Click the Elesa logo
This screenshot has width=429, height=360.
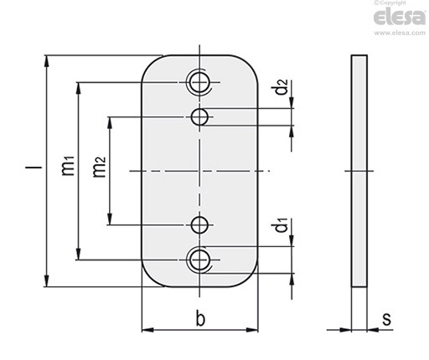pyautogui.click(x=400, y=18)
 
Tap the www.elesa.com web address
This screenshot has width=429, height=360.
pyautogui.click(x=400, y=33)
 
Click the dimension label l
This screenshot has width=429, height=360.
pyautogui.click(x=34, y=167)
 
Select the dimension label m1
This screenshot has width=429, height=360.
pyautogui.click(x=68, y=166)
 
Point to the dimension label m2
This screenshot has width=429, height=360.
pyautogui.click(x=99, y=167)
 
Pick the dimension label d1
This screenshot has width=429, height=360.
pyautogui.click(x=282, y=225)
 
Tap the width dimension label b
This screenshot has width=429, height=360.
pyautogui.click(x=200, y=318)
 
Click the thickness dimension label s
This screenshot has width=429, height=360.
pyautogui.click(x=387, y=319)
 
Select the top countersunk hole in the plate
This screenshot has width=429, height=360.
pyautogui.click(x=199, y=82)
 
